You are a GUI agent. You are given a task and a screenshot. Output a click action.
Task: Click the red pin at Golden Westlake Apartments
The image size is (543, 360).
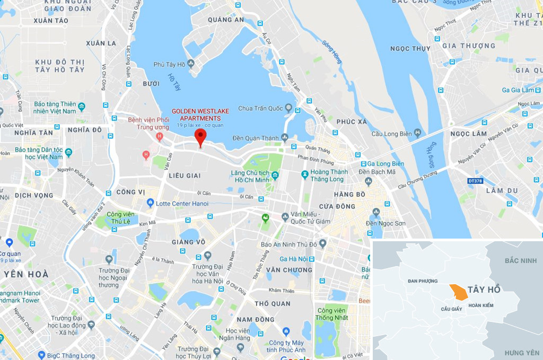pos(200,136)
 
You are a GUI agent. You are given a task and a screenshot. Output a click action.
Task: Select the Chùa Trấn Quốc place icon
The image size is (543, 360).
pos(288,108)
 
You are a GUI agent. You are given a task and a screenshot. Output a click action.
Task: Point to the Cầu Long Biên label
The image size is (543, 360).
pos(391,133)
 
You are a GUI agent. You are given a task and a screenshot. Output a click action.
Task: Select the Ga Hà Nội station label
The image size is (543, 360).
pos(295,259)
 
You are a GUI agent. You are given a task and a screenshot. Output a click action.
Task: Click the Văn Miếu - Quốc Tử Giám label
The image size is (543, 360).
pos(310,217)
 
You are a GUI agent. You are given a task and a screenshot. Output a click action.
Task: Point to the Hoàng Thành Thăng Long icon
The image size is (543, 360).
pos(305,174)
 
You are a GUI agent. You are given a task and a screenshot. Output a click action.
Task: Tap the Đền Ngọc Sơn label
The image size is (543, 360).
pos(386,223)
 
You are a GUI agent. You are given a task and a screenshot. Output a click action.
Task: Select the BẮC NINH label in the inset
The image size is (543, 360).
pos(521,261)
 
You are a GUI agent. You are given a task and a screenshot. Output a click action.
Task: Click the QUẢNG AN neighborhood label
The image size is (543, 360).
pos(225,20)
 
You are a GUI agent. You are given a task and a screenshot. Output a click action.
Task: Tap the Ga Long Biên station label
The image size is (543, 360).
pos(386,164)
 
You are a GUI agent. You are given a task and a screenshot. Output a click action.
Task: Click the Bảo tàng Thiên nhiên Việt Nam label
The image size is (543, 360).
pos(54,108)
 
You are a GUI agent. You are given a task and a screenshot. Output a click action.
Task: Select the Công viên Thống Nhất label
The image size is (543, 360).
pos(331,314)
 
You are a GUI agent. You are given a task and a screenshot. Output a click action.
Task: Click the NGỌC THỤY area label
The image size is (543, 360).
pos(410,49)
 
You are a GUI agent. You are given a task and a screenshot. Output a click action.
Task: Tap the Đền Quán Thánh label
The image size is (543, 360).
pos(256,138)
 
